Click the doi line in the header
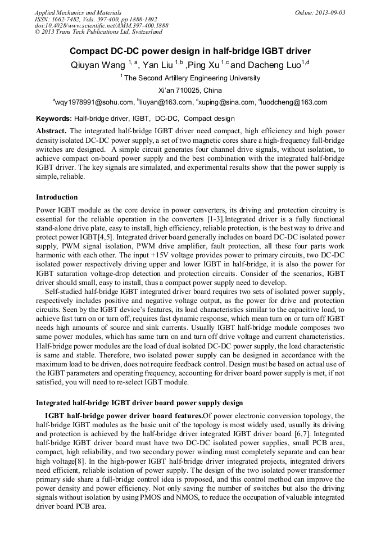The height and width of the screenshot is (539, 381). tap(101, 26)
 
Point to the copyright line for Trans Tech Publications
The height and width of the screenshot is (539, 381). tap(98, 32)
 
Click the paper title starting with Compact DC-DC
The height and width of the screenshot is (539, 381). tap(190, 51)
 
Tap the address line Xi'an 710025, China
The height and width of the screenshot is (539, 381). tap(190, 90)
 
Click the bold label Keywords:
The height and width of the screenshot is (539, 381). tap(54, 119)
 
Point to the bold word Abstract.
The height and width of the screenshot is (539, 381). tap(51, 130)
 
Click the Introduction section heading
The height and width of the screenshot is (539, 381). tap(57, 197)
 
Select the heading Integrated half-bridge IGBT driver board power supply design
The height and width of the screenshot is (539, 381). tap(139, 402)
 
